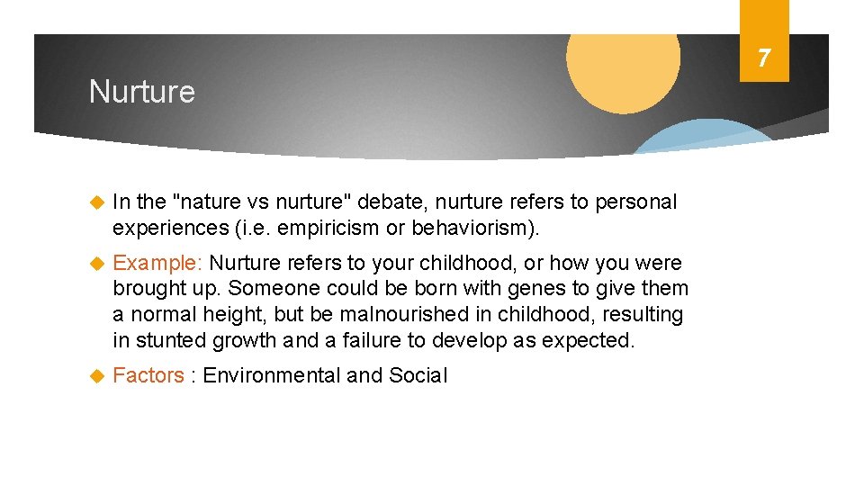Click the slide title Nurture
click(x=141, y=92)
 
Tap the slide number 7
click(x=763, y=59)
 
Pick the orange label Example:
click(x=158, y=264)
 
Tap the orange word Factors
click(x=148, y=376)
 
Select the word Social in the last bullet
click(x=418, y=376)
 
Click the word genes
click(x=491, y=289)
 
